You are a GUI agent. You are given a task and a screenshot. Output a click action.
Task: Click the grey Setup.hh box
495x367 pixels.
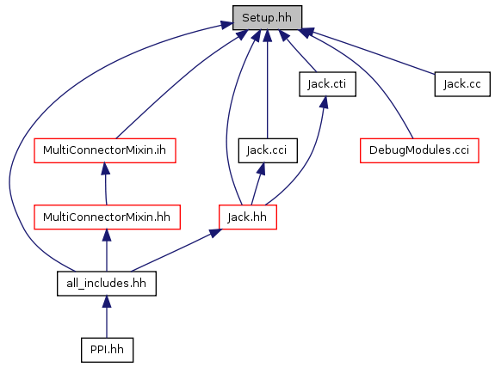click(x=267, y=18)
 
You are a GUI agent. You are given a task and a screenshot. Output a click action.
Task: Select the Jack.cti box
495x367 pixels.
click(x=327, y=84)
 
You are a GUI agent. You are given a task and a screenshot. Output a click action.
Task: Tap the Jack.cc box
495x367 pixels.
click(x=462, y=84)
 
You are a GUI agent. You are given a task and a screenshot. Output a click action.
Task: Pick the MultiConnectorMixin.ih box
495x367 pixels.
click(x=104, y=150)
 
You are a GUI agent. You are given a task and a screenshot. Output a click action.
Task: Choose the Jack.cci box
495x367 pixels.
click(x=268, y=150)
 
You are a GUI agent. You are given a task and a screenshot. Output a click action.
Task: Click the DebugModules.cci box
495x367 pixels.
click(x=419, y=150)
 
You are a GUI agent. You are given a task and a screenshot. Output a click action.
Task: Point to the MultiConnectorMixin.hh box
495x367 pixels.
click(x=107, y=217)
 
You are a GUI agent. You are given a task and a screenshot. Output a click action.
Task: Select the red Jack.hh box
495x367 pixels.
click(x=248, y=217)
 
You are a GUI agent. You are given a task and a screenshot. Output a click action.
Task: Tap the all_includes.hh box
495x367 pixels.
click(x=107, y=284)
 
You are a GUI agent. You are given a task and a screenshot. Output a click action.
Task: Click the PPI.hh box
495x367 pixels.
click(x=107, y=350)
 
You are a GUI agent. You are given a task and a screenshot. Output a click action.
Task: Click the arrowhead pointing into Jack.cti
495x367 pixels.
click(x=324, y=102)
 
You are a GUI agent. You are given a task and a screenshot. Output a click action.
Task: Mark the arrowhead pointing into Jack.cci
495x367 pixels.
click(x=262, y=168)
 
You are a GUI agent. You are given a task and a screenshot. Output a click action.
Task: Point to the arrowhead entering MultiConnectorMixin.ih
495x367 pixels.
click(x=105, y=168)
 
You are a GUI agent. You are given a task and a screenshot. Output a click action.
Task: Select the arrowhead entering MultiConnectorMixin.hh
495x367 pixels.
click(x=107, y=235)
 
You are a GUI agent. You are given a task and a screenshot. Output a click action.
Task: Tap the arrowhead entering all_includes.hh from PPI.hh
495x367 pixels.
click(x=107, y=302)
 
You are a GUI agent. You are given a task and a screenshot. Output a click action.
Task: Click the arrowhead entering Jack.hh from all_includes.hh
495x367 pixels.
click(x=215, y=233)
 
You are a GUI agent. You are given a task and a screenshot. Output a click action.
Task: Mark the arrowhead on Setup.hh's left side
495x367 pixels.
click(x=226, y=25)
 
